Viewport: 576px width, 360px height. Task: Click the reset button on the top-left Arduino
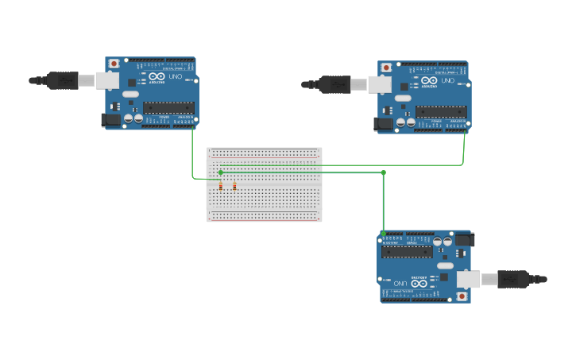click(114, 63)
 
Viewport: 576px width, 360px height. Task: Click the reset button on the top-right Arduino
click(386, 67)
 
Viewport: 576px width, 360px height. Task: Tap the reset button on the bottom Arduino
click(462, 296)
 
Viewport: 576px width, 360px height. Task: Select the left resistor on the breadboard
click(221, 186)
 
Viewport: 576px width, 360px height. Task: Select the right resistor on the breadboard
click(235, 186)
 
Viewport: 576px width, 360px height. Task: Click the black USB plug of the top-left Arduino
click(62, 80)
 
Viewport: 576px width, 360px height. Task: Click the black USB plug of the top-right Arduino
click(334, 84)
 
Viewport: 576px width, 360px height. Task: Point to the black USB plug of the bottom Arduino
click(513, 279)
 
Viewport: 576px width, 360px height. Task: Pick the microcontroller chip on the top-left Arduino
click(168, 107)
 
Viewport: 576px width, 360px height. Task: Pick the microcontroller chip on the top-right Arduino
click(441, 112)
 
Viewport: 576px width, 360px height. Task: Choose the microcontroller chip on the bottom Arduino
click(407, 252)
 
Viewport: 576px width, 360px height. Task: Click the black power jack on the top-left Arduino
click(110, 119)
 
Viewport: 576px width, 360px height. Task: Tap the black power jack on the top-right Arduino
click(383, 123)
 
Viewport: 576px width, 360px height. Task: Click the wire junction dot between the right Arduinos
click(383, 172)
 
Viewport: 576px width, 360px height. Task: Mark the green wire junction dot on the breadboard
click(221, 172)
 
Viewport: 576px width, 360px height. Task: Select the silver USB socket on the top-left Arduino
click(107, 80)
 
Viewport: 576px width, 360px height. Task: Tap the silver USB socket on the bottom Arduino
click(468, 279)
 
